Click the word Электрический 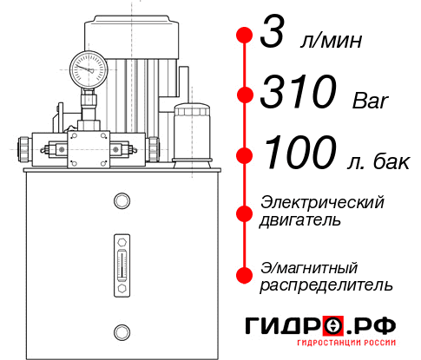322,201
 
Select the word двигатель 300,219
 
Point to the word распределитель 327,285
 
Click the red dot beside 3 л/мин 244,36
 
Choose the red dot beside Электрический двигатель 244,211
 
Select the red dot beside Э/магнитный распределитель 244,275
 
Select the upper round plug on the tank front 121,201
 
